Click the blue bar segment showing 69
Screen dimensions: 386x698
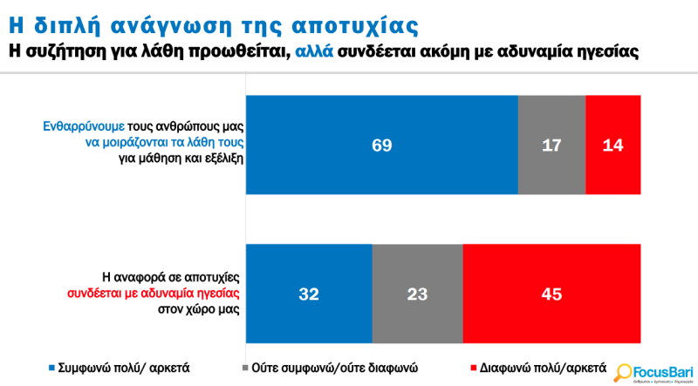[x=382, y=144]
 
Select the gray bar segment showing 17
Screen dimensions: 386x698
[x=551, y=144]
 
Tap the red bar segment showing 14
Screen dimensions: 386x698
[x=613, y=144]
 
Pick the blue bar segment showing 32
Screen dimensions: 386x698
[x=310, y=294]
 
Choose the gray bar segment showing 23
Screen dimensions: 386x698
[x=417, y=294]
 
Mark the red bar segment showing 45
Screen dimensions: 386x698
[x=551, y=294]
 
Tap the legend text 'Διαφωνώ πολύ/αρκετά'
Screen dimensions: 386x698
[x=535, y=366]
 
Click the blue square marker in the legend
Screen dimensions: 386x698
[x=51, y=367]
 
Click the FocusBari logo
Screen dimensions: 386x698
[x=651, y=370]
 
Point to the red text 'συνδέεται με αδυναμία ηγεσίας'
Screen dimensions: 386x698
[x=154, y=292]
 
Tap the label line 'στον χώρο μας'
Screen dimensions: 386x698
[x=198, y=308]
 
